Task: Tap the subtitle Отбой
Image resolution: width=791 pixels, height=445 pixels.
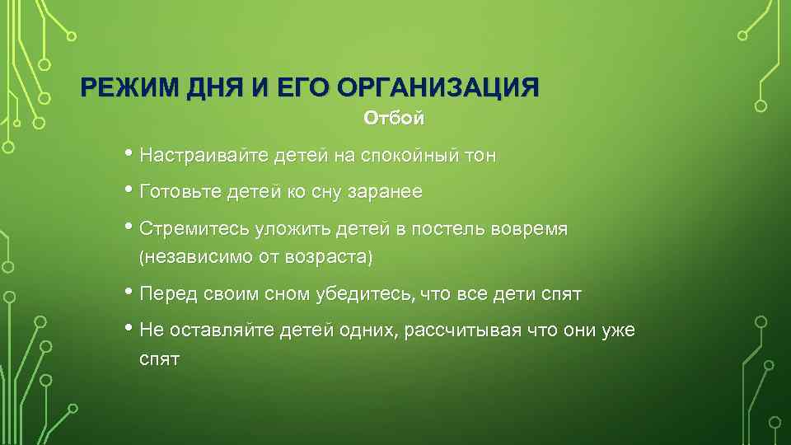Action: tap(395, 119)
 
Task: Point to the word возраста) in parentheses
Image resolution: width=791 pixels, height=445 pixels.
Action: tap(329, 257)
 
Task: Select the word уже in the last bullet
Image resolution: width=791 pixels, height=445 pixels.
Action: tap(620, 330)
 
